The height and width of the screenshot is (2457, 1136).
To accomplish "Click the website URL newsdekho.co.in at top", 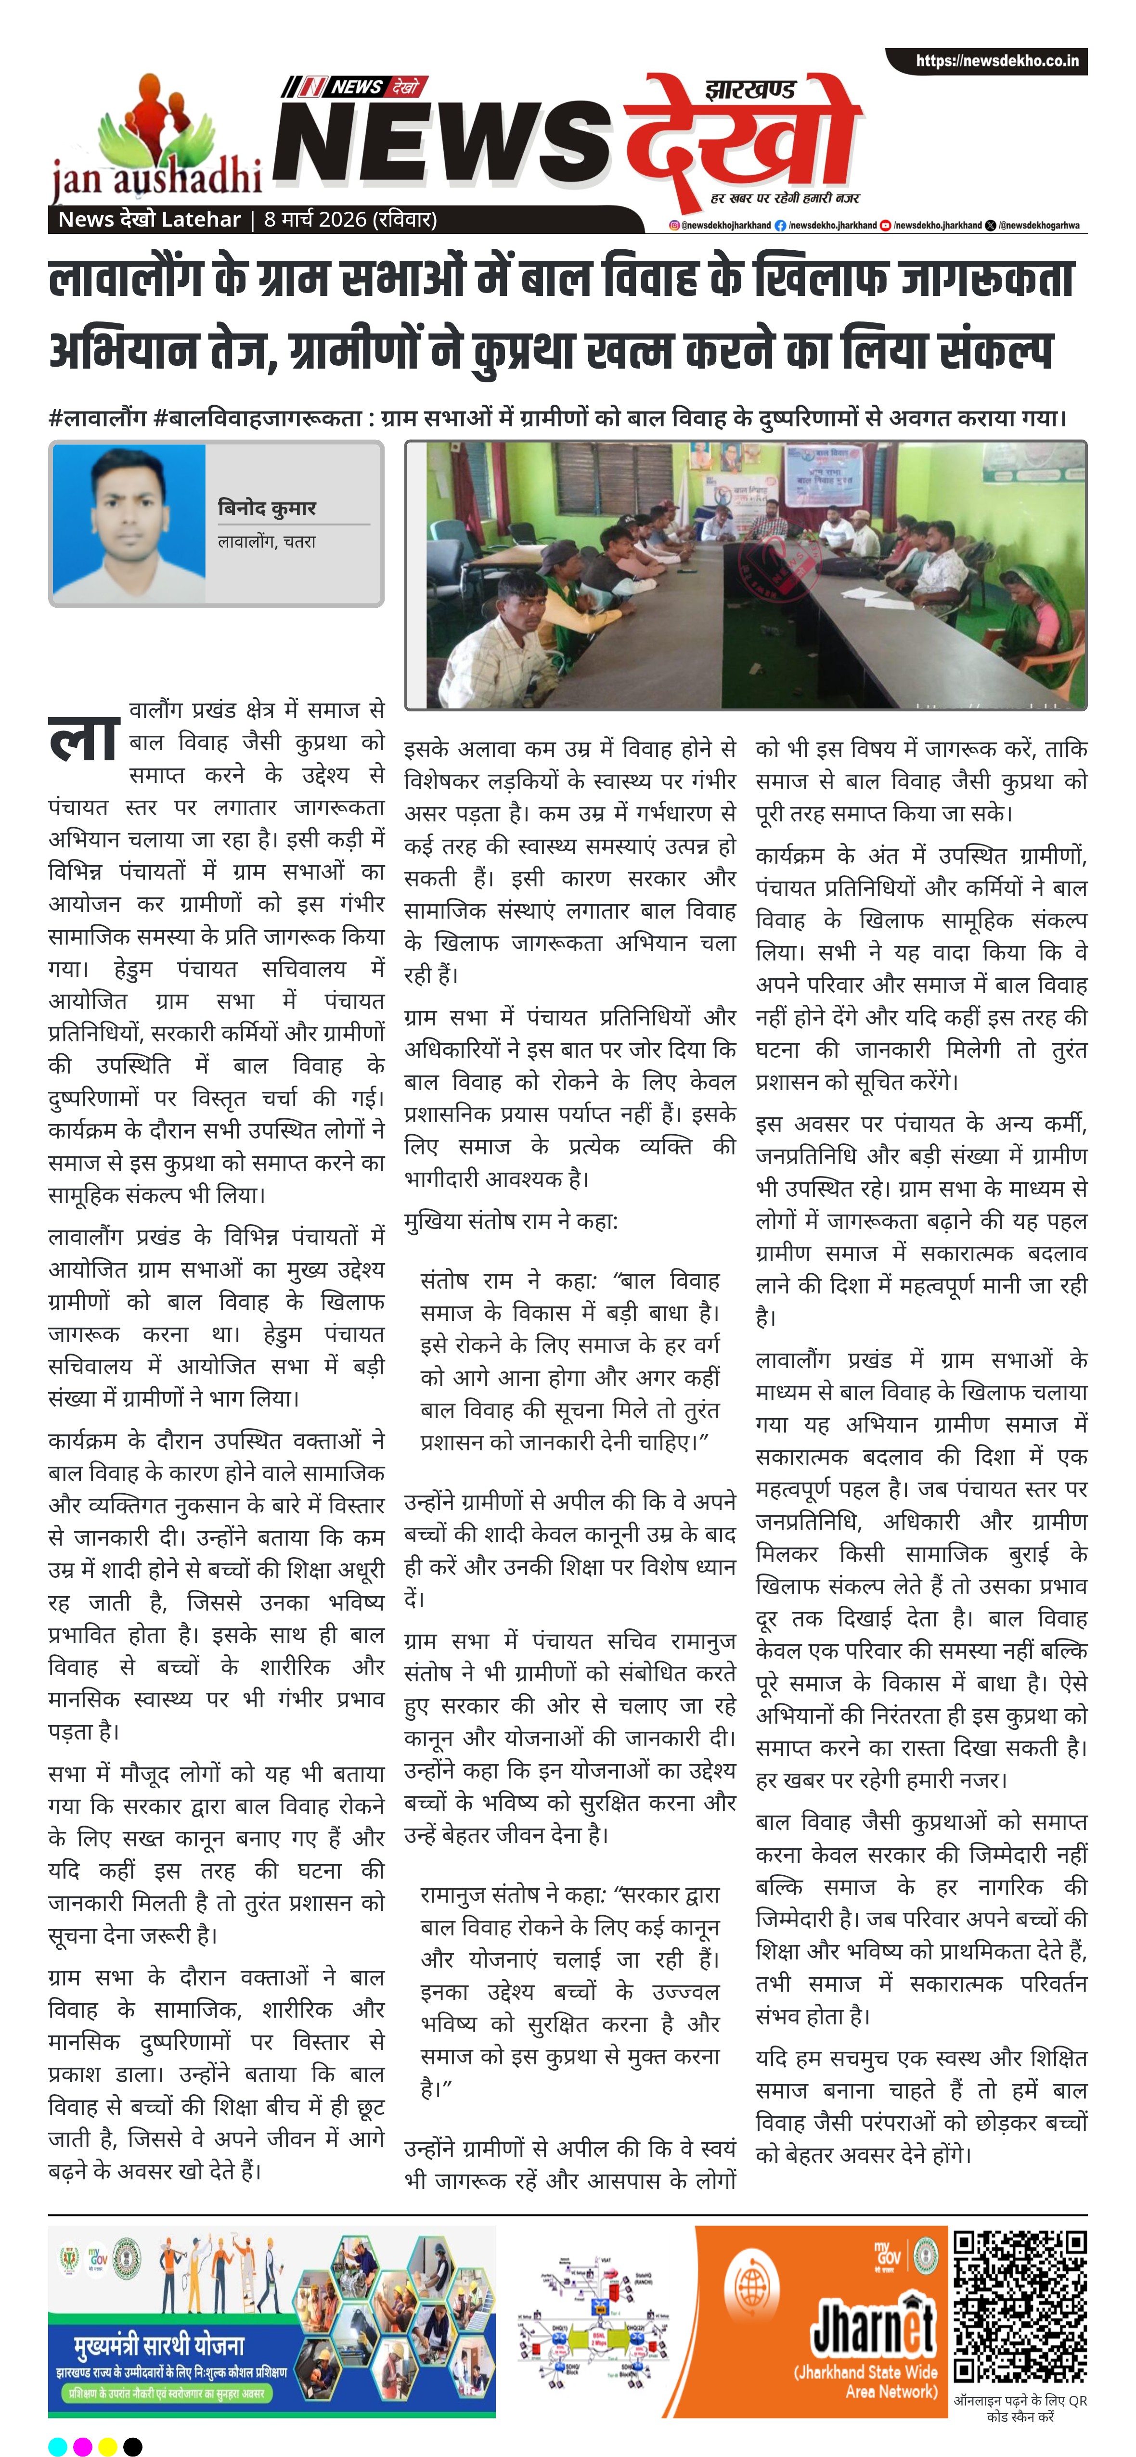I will coord(997,61).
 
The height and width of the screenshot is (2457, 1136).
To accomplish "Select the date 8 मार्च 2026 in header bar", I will coord(350,219).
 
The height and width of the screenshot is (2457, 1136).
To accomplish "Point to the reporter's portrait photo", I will coord(129,523).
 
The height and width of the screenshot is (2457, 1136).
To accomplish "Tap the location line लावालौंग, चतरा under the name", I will coord(266,541).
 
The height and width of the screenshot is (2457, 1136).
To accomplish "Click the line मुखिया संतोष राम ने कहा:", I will coord(511,1221).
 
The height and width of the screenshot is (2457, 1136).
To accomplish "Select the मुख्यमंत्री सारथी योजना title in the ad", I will coord(159,2344).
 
